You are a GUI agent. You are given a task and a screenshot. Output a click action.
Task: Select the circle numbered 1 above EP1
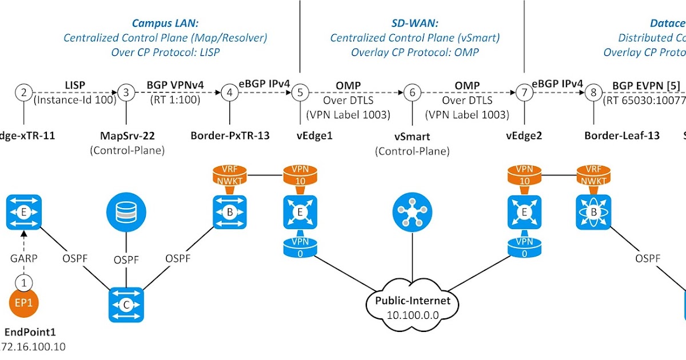pos(23,282)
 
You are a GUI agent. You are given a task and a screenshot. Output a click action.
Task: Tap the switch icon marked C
pos(126,305)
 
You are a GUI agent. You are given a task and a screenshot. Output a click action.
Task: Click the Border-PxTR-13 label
pos(229,135)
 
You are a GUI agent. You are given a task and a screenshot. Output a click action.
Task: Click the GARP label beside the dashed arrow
pos(23,258)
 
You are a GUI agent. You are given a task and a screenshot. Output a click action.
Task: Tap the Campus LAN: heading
pos(165,23)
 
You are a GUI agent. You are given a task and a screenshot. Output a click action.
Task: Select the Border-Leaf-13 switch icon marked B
pos(594,211)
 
